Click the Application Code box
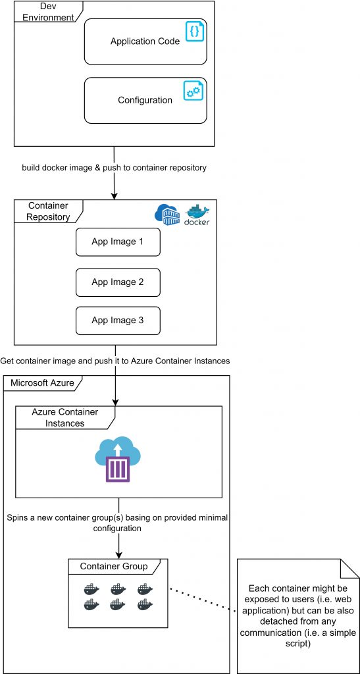tap(145, 41)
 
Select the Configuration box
tap(145, 100)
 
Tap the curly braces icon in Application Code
tap(195, 32)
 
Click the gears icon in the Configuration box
tap(193, 90)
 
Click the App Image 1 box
tap(118, 242)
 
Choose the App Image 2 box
tap(118, 282)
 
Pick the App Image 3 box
tap(118, 321)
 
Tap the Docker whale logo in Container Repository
tap(197, 215)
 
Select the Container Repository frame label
tap(48, 211)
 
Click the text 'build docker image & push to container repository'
tap(115, 168)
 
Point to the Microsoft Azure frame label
tap(42, 383)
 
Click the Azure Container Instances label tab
tap(65, 417)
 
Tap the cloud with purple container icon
tap(118, 459)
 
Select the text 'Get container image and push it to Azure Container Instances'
tap(115, 361)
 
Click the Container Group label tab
tap(114, 566)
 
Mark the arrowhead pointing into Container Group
tap(118, 554)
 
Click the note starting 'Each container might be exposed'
tap(298, 615)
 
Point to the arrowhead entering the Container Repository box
tap(115, 195)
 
